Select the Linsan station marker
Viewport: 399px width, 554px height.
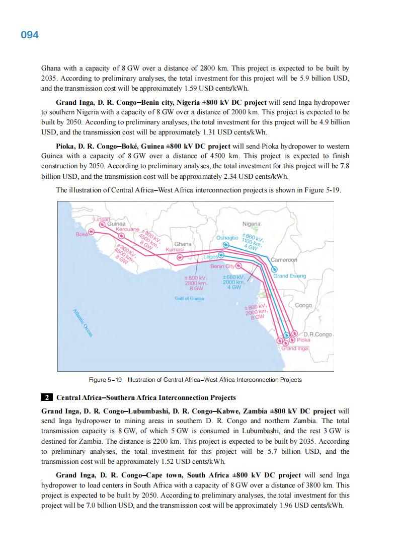102,225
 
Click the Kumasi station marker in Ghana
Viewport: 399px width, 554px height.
179,256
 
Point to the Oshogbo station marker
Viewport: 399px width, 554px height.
226,244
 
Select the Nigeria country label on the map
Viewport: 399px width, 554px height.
252,224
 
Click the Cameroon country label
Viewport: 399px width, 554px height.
284,260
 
